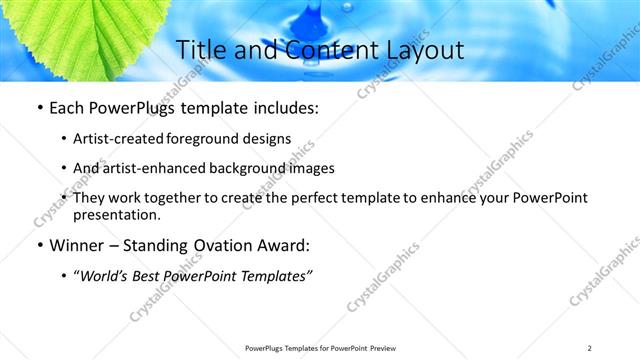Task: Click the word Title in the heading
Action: [x=199, y=50]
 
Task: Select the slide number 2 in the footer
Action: [x=590, y=348]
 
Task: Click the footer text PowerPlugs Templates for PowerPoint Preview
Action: [x=319, y=348]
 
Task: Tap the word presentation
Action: [x=116, y=214]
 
